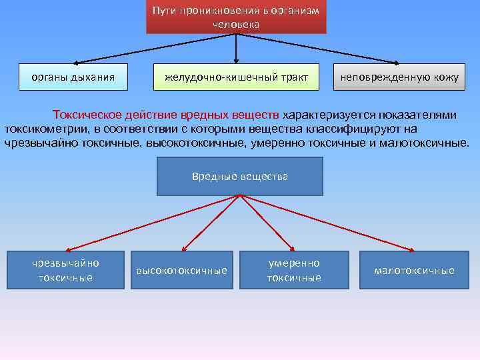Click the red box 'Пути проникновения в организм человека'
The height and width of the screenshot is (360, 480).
coord(236,17)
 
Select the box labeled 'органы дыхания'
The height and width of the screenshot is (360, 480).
coord(73,77)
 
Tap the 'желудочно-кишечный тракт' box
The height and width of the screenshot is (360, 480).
coord(236,77)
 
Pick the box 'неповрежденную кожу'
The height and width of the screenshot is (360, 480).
coord(399,77)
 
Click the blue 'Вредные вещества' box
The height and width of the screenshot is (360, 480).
coord(239,176)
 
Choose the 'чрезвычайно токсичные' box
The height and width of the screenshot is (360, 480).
coord(65,270)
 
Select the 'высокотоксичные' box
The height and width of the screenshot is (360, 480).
coord(181,270)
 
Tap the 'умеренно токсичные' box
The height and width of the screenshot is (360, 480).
coord(294,270)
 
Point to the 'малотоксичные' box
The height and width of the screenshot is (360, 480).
coord(414,270)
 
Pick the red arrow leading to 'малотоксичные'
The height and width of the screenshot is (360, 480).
coord(327,223)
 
